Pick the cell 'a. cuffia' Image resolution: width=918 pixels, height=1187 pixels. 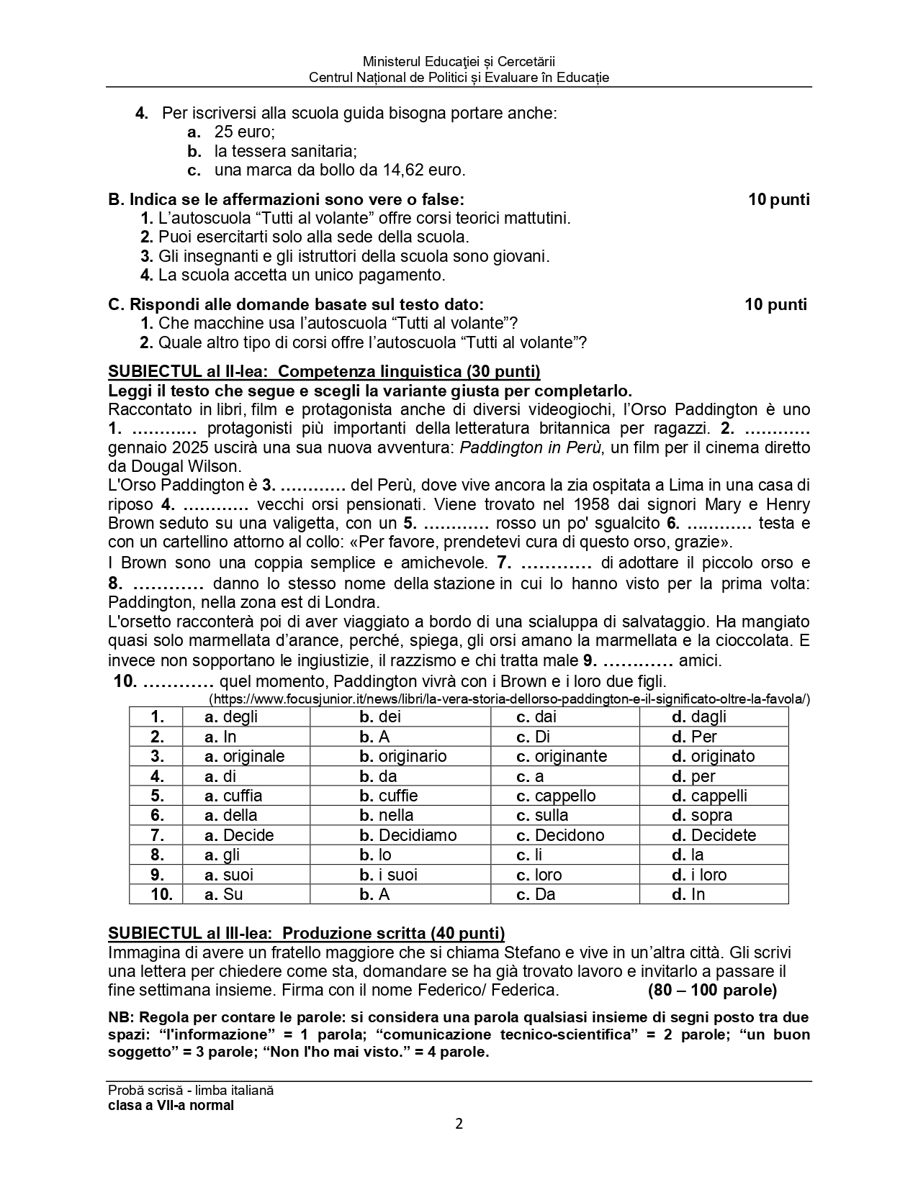pos(233,796)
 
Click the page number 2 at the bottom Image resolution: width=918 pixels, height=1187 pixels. pos(459,1124)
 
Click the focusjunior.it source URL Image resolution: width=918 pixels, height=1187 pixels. pos(509,699)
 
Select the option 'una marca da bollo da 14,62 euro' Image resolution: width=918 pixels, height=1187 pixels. pos(340,170)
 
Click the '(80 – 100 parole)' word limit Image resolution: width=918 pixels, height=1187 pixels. pos(712,990)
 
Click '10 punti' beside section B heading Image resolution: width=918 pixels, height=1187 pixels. pos(778,199)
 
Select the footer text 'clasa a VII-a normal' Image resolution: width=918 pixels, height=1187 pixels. pos(171,1105)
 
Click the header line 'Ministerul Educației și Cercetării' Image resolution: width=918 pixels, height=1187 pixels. pos(459,63)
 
